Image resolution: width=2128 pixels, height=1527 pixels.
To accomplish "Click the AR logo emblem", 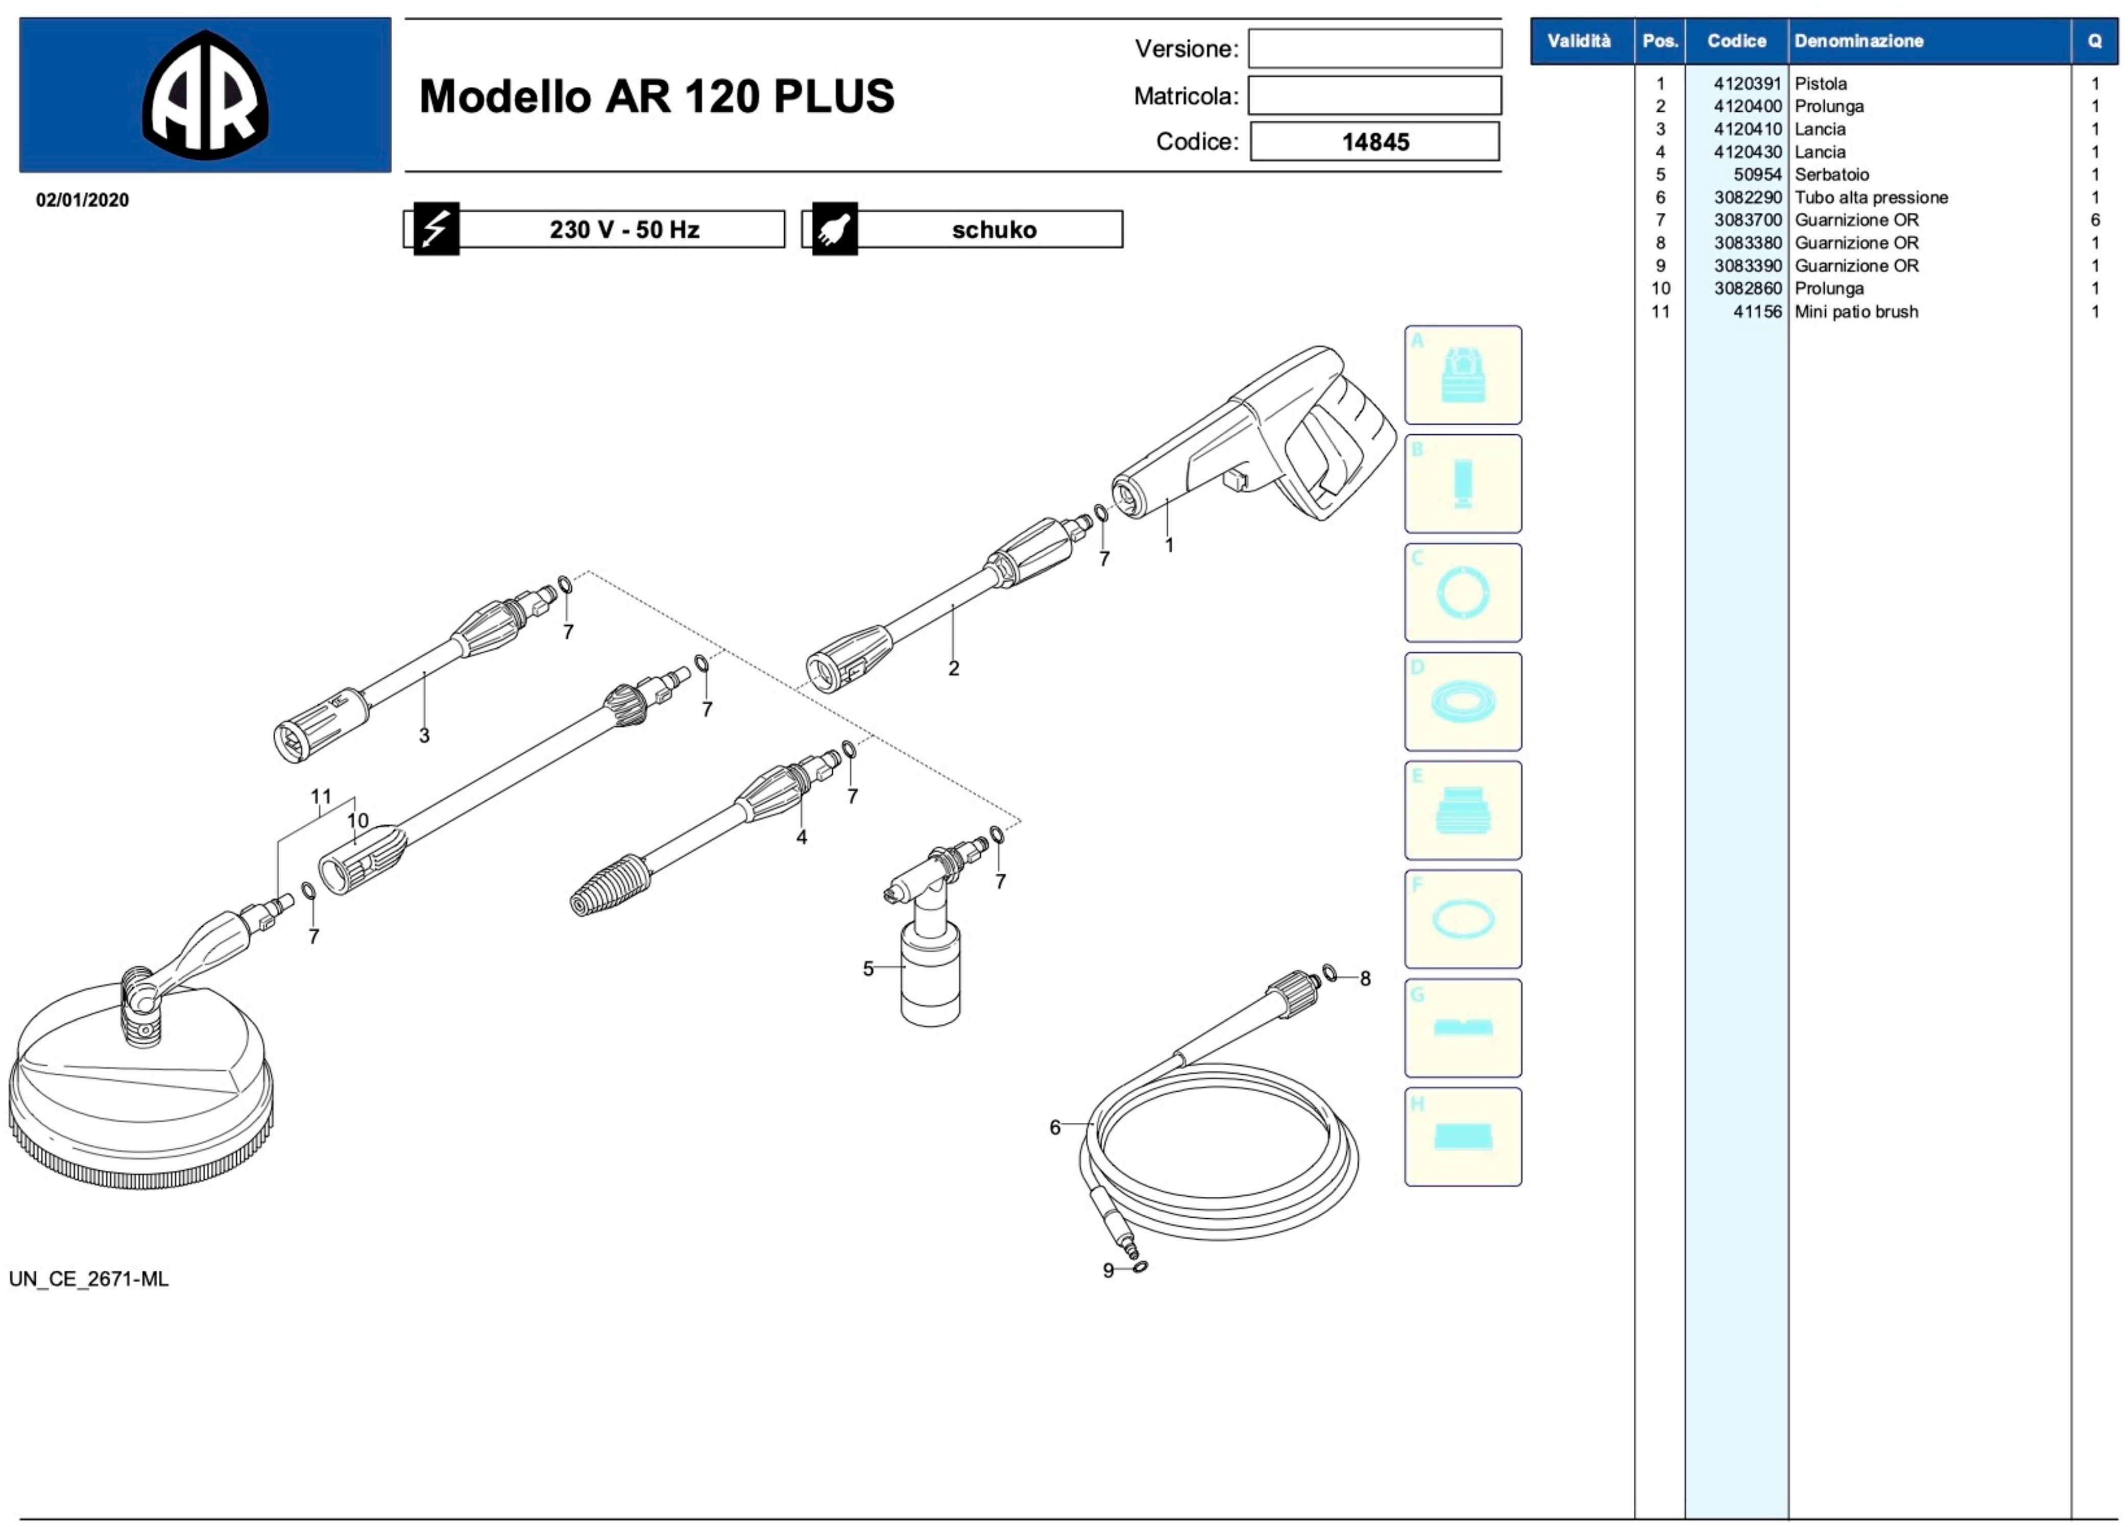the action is [x=205, y=95].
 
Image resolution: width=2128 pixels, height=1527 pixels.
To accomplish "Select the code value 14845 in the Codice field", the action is [x=1375, y=142].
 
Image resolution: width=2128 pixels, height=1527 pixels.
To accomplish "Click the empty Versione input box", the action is [x=1374, y=48].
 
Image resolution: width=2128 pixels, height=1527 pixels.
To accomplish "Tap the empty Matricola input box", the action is [x=1374, y=95].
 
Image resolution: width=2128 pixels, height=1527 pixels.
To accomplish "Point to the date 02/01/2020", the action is [x=83, y=200].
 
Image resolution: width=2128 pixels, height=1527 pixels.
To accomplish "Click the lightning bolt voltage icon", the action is [x=437, y=229].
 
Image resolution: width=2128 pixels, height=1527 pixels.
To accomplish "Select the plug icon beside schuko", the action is [x=834, y=229].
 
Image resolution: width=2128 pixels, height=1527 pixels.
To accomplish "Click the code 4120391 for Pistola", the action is [x=1747, y=84].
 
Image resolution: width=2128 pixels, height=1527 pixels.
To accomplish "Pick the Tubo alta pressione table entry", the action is [x=1871, y=197].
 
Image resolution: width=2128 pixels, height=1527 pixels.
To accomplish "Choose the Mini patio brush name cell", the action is [x=1856, y=311].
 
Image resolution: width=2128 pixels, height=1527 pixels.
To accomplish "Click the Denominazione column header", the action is [x=1859, y=41].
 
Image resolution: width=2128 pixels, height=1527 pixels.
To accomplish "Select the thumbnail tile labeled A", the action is [x=1463, y=375].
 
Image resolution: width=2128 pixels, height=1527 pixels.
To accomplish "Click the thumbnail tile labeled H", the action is [x=1463, y=1137].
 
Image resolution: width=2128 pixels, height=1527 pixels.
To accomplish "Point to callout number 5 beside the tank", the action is [x=868, y=968].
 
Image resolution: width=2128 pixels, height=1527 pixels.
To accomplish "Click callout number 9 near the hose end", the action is [x=1108, y=1270].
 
